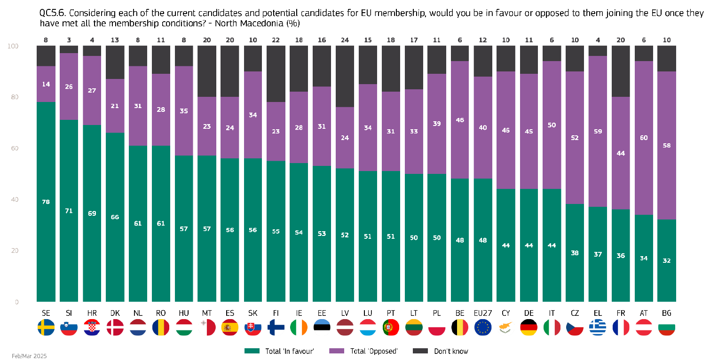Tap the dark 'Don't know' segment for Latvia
pos(345,76)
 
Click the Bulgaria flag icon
pos(667,327)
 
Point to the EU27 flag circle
pos(483,327)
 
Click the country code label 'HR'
pos(92,313)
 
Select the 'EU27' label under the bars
pos(483,313)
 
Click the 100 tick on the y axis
pos(14,46)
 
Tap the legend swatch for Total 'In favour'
pos(252,351)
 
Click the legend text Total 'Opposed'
pos(374,351)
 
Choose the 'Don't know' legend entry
pos(451,351)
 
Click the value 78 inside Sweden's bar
pos(46,202)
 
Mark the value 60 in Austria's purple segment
pos(644,138)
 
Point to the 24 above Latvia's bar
pos(345,40)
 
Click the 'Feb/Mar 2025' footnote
pos(29,356)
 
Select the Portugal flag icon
pos(391,327)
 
